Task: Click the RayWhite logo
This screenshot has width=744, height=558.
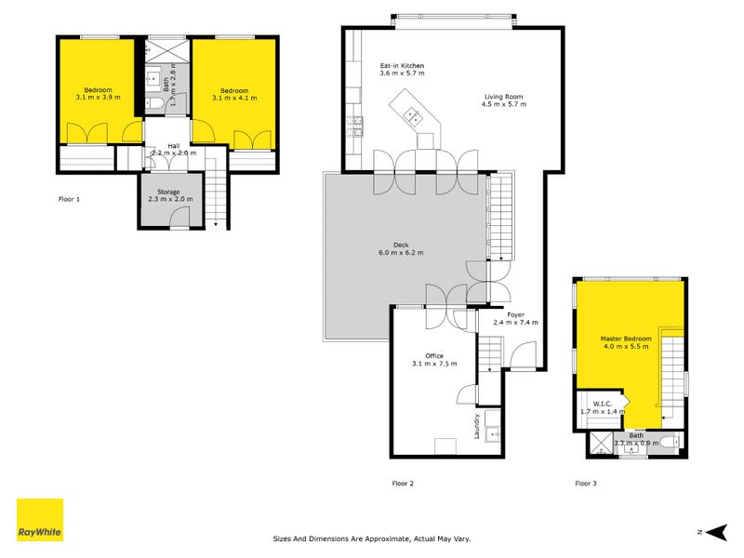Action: (40, 520)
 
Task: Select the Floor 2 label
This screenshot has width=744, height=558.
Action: (402, 484)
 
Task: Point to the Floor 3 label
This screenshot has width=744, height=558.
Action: (585, 484)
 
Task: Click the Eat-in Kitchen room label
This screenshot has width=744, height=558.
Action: (403, 67)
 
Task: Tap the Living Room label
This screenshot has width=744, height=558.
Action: (504, 97)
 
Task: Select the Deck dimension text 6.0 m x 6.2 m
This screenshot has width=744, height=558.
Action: (401, 253)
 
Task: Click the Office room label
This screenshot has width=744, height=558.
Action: (434, 356)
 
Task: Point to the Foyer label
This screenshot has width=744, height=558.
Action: (516, 314)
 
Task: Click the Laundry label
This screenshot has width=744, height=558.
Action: (477, 429)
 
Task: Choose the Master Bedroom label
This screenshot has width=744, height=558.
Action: (625, 339)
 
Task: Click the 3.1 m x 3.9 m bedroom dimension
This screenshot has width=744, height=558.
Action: (98, 97)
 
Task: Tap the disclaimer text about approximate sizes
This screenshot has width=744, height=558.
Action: (372, 538)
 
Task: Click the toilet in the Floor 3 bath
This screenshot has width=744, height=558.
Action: (670, 442)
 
